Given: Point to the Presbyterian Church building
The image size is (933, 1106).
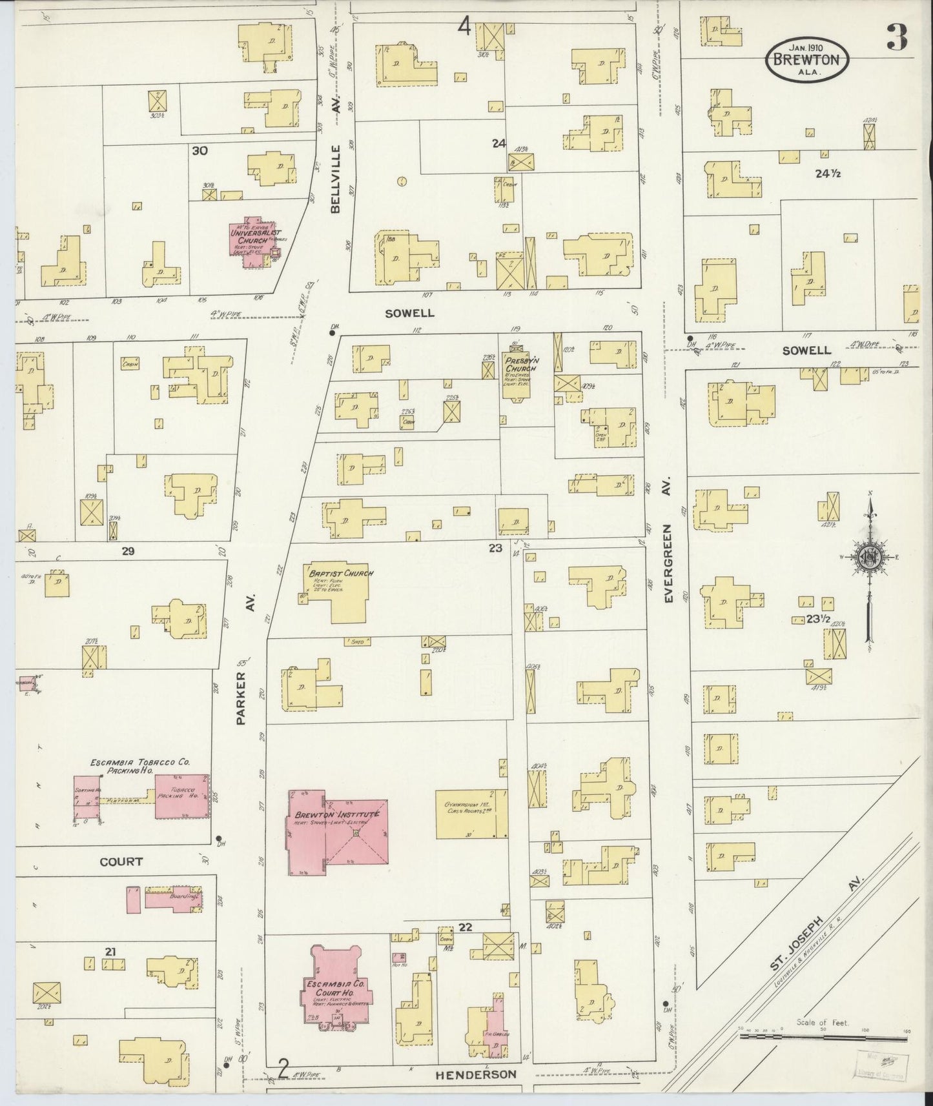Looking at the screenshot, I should tap(517, 371).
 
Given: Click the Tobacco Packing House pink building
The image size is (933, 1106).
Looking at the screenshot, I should tap(181, 797).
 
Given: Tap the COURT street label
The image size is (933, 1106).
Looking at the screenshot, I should tap(121, 861).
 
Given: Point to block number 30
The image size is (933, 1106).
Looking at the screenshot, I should tap(200, 150).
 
